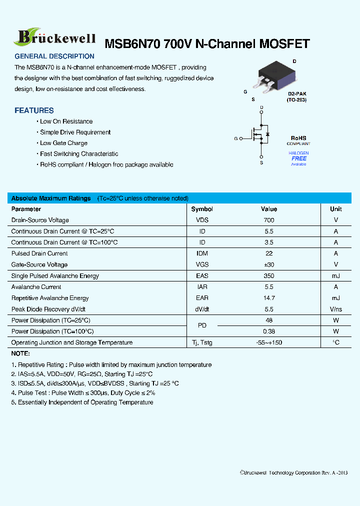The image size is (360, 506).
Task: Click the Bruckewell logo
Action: tap(55, 37)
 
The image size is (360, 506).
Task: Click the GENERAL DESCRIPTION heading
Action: tap(54, 56)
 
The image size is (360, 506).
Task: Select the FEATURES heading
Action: tap(34, 110)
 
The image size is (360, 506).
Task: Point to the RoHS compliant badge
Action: tap(298, 140)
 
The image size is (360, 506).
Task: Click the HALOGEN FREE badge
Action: tap(298, 158)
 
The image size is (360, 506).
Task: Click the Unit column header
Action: tap(335, 209)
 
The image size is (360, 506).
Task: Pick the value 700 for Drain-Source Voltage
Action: tap(269, 220)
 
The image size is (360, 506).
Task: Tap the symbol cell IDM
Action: tap(202, 253)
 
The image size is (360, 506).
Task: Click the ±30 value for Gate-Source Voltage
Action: tap(269, 264)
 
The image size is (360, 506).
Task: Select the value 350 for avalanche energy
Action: tap(269, 276)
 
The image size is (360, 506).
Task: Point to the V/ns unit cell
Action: tap(335, 309)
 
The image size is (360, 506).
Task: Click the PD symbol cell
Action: tap(202, 325)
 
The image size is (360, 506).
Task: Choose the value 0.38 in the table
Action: tap(269, 331)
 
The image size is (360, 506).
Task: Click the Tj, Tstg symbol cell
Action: tap(202, 342)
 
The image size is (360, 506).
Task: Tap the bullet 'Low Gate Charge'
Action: tap(63, 143)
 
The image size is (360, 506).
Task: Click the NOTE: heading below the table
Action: tap(20, 353)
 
